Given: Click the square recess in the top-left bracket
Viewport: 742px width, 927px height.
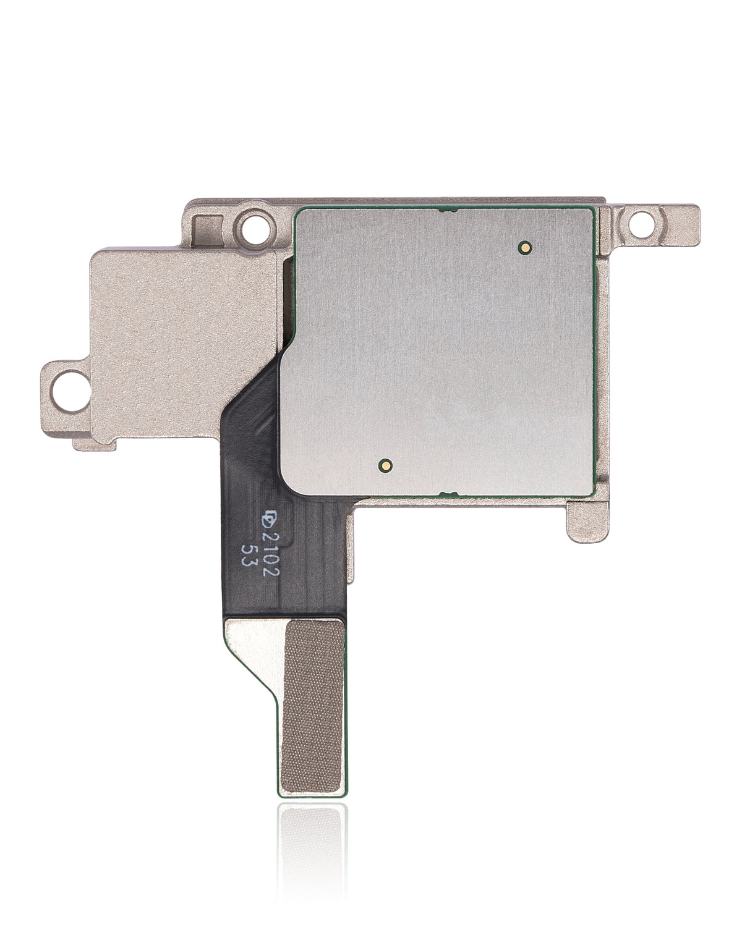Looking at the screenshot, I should pos(205,226).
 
